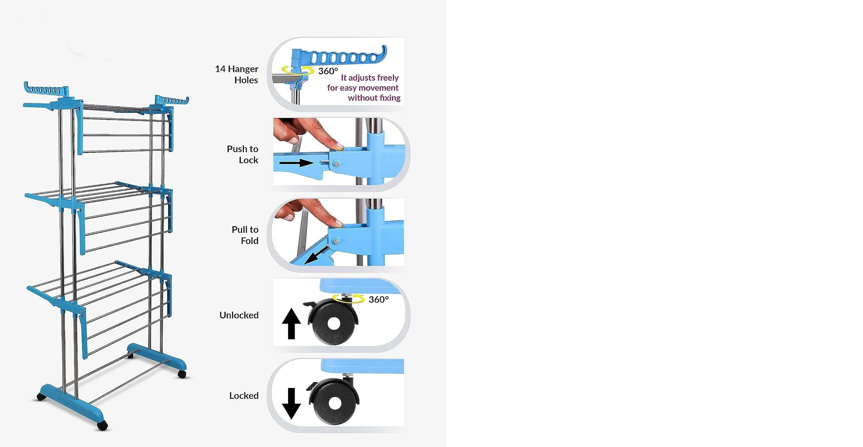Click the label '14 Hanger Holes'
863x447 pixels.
click(237, 74)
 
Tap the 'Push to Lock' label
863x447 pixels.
click(243, 154)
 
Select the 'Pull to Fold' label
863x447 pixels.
click(245, 235)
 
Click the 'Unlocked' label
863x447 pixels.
click(239, 315)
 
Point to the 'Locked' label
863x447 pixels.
click(244, 396)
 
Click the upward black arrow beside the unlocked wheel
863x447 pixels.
click(291, 323)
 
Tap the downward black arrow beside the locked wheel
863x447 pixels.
click(291, 403)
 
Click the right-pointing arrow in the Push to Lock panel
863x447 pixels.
click(296, 163)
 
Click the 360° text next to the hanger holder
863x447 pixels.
click(328, 71)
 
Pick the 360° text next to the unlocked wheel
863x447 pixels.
click(379, 299)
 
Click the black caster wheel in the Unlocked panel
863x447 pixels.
click(334, 322)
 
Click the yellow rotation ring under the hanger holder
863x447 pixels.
click(298, 70)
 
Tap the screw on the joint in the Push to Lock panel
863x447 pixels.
click(336, 164)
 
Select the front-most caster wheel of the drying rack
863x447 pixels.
click(102, 425)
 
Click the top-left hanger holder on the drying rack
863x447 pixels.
click(46, 89)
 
